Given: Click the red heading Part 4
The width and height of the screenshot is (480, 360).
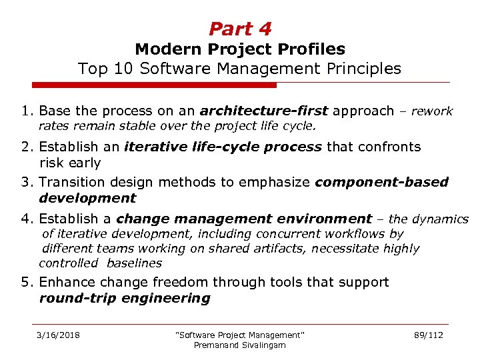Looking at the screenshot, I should (240, 29).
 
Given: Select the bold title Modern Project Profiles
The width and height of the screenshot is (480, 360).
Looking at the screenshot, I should (240, 49).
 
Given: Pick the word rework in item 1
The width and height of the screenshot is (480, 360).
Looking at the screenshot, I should (432, 111).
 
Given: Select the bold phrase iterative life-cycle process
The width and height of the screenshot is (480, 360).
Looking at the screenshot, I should (223, 147).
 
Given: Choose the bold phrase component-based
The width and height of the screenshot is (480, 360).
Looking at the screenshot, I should (381, 182).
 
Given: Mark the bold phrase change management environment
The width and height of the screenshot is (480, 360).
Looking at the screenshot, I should (243, 218).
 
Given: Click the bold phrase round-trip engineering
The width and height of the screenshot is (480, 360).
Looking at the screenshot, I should (125, 298).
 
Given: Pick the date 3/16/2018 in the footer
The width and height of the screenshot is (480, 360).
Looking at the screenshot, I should (58, 335).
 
